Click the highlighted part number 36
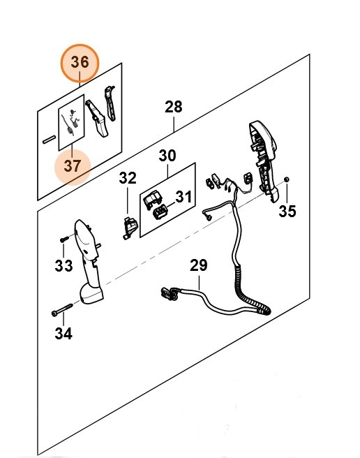80,63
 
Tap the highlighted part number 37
72,166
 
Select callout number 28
174,107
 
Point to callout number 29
199,265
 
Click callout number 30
167,156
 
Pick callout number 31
183,197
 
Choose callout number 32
128,178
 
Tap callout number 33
63,266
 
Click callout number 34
63,333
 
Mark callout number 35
287,211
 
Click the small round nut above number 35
287,179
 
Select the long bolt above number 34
62,310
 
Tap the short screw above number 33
64,239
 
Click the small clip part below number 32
129,228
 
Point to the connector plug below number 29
169,293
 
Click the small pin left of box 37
49,140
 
